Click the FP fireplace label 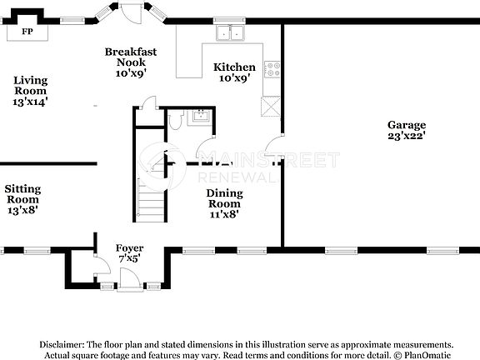(x=27, y=32)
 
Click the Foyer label (x=128, y=247)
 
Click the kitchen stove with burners (x=272, y=70)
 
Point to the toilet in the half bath (x=174, y=122)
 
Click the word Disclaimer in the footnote (x=59, y=344)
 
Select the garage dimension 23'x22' (x=406, y=136)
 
